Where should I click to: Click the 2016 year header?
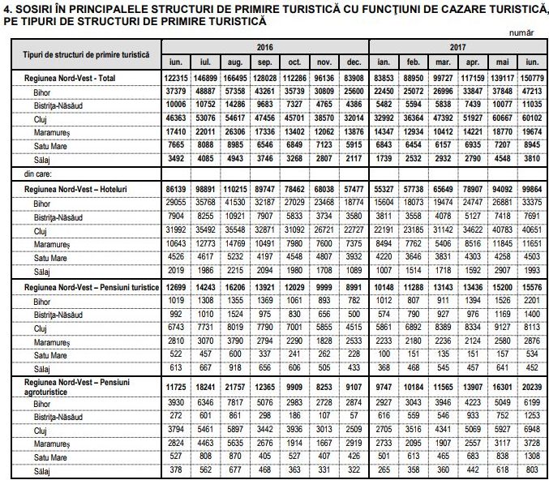(x=264, y=47)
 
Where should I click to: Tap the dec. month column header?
(x=353, y=62)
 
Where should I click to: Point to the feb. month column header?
(x=414, y=62)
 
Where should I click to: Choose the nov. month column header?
(x=324, y=62)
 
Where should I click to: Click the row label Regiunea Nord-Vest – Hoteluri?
(x=76, y=186)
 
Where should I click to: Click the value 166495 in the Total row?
(x=234, y=79)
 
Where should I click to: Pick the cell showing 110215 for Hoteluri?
(x=234, y=186)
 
